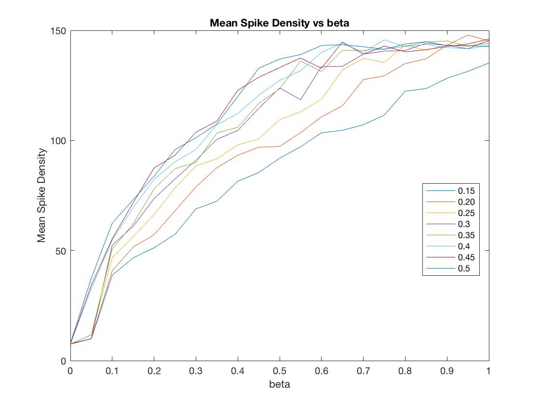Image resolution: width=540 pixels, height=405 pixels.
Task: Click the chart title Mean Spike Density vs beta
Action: click(x=279, y=23)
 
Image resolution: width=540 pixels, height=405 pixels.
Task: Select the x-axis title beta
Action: click(x=280, y=384)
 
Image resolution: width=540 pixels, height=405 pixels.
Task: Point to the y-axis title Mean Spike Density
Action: click(x=42, y=195)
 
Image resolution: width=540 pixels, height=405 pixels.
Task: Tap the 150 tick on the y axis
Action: click(x=60, y=31)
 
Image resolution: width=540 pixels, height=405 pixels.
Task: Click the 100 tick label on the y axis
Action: click(x=60, y=141)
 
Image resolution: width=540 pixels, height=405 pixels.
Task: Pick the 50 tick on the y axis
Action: click(x=62, y=251)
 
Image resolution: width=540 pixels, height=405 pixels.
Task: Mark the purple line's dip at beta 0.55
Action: click(x=300, y=100)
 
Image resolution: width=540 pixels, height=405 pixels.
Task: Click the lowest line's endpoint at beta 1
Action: click(x=488, y=63)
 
